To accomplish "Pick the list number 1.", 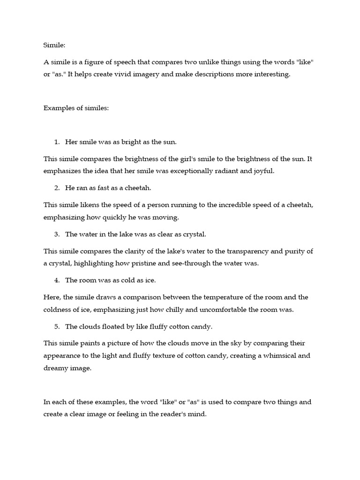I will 57,142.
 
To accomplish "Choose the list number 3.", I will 57,234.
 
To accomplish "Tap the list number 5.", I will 57,326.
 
